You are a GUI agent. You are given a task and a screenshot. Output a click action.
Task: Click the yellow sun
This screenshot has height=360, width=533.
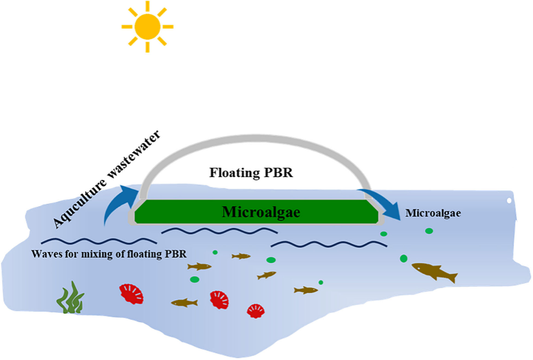point(147,26)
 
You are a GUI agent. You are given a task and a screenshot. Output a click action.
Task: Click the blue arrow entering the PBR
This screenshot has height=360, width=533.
point(118,204)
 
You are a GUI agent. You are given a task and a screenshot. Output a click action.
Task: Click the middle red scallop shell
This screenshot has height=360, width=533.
point(220,300)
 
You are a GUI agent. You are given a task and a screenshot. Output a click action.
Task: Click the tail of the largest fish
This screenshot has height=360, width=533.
point(452,278)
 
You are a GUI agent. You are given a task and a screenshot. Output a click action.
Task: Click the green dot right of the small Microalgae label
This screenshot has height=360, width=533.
point(429,231)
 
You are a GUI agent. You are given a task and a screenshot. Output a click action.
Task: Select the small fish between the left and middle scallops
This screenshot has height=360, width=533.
point(184,302)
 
